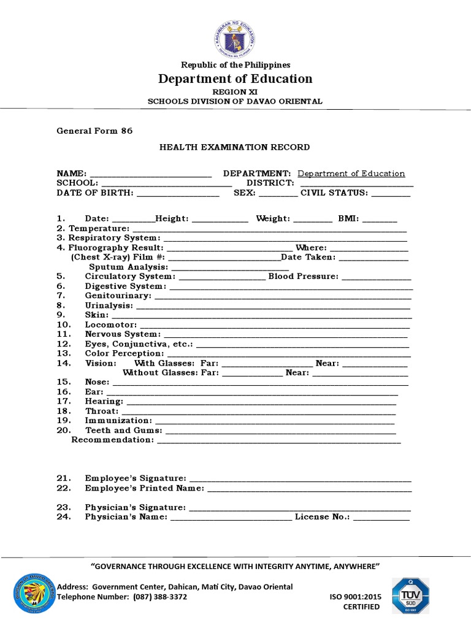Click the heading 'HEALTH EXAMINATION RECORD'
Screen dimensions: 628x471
pyautogui.click(x=235, y=147)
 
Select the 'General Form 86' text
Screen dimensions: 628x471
pyautogui.click(x=94, y=131)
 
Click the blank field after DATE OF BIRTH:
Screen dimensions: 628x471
pyautogui.click(x=178, y=193)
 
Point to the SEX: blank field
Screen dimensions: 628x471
pyautogui.click(x=278, y=193)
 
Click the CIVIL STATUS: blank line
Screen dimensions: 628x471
pyautogui.click(x=391, y=193)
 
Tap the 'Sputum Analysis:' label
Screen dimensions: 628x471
pyautogui.click(x=128, y=267)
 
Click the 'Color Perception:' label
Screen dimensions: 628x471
pyautogui.click(x=124, y=353)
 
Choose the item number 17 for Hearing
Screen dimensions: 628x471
pyautogui.click(x=64, y=401)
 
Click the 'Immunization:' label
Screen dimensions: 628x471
pyautogui.click(x=118, y=421)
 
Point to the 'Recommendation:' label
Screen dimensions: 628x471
pyautogui.click(x=112, y=440)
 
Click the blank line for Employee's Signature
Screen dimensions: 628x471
pyautogui.click(x=300, y=479)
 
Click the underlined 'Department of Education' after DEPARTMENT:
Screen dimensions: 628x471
pyautogui.click(x=351, y=174)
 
